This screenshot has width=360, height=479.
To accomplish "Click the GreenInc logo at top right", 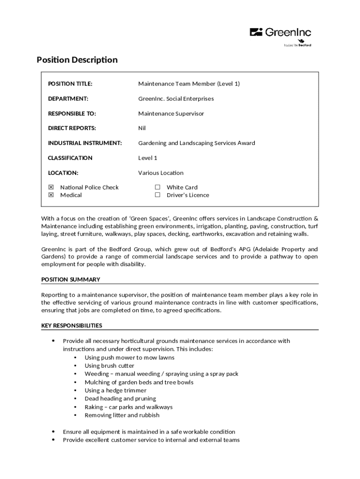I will (281, 33).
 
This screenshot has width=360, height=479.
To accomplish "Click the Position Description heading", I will (77, 60).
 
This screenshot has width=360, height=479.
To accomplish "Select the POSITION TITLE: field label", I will (70, 84).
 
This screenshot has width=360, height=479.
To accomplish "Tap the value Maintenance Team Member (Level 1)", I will (189, 84).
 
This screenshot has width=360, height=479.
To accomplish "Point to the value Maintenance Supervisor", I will (171, 114).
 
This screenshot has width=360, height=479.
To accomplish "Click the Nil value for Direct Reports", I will (142, 128).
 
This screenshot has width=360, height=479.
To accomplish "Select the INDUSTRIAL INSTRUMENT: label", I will (85, 143).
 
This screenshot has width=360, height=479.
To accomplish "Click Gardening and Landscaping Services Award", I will (196, 143).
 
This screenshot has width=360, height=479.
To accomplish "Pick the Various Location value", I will (161, 173).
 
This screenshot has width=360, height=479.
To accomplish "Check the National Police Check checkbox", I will (51, 188).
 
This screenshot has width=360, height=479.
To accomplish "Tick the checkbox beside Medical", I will (51, 195).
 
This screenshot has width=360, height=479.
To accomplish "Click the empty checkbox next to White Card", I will (158, 188).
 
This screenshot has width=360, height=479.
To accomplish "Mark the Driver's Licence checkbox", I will (158, 195).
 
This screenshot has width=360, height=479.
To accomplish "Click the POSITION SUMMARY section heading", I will (71, 280).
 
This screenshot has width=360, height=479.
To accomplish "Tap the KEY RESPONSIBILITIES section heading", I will (72, 326).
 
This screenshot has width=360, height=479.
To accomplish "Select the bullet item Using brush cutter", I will (109, 366).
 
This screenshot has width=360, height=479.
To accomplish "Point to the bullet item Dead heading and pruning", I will (120, 399).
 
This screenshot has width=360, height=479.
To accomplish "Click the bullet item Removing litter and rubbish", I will (122, 415).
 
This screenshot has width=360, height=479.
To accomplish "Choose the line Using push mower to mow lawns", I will (129, 358).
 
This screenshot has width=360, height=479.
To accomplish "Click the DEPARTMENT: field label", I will (68, 99).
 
